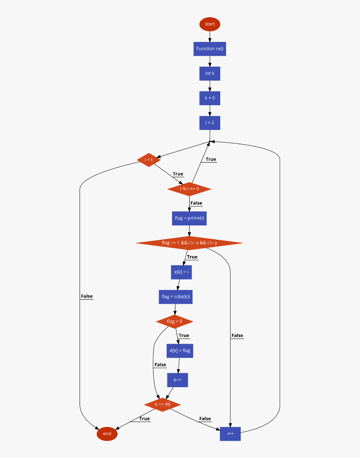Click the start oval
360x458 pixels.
click(210, 24)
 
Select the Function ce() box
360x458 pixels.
click(210, 49)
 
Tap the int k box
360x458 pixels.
click(210, 73)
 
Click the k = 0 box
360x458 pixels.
click(210, 98)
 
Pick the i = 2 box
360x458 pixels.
click(210, 123)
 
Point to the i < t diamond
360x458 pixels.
click(149, 160)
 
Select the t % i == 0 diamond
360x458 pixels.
click(189, 189)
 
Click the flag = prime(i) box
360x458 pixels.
click(189, 218)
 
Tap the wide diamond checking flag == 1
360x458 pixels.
click(189, 243)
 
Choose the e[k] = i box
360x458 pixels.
click(181, 272)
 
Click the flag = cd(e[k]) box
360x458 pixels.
click(176, 297)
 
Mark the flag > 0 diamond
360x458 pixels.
click(175, 321)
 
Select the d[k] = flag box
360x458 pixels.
click(180, 351)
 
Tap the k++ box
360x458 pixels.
click(177, 380)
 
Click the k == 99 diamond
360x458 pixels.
click(162, 404)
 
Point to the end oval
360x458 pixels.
click(107, 434)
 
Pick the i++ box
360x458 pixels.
click(230, 434)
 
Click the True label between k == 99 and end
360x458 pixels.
click(144, 419)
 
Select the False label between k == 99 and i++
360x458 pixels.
click(205, 419)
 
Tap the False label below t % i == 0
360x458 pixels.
click(196, 203)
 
